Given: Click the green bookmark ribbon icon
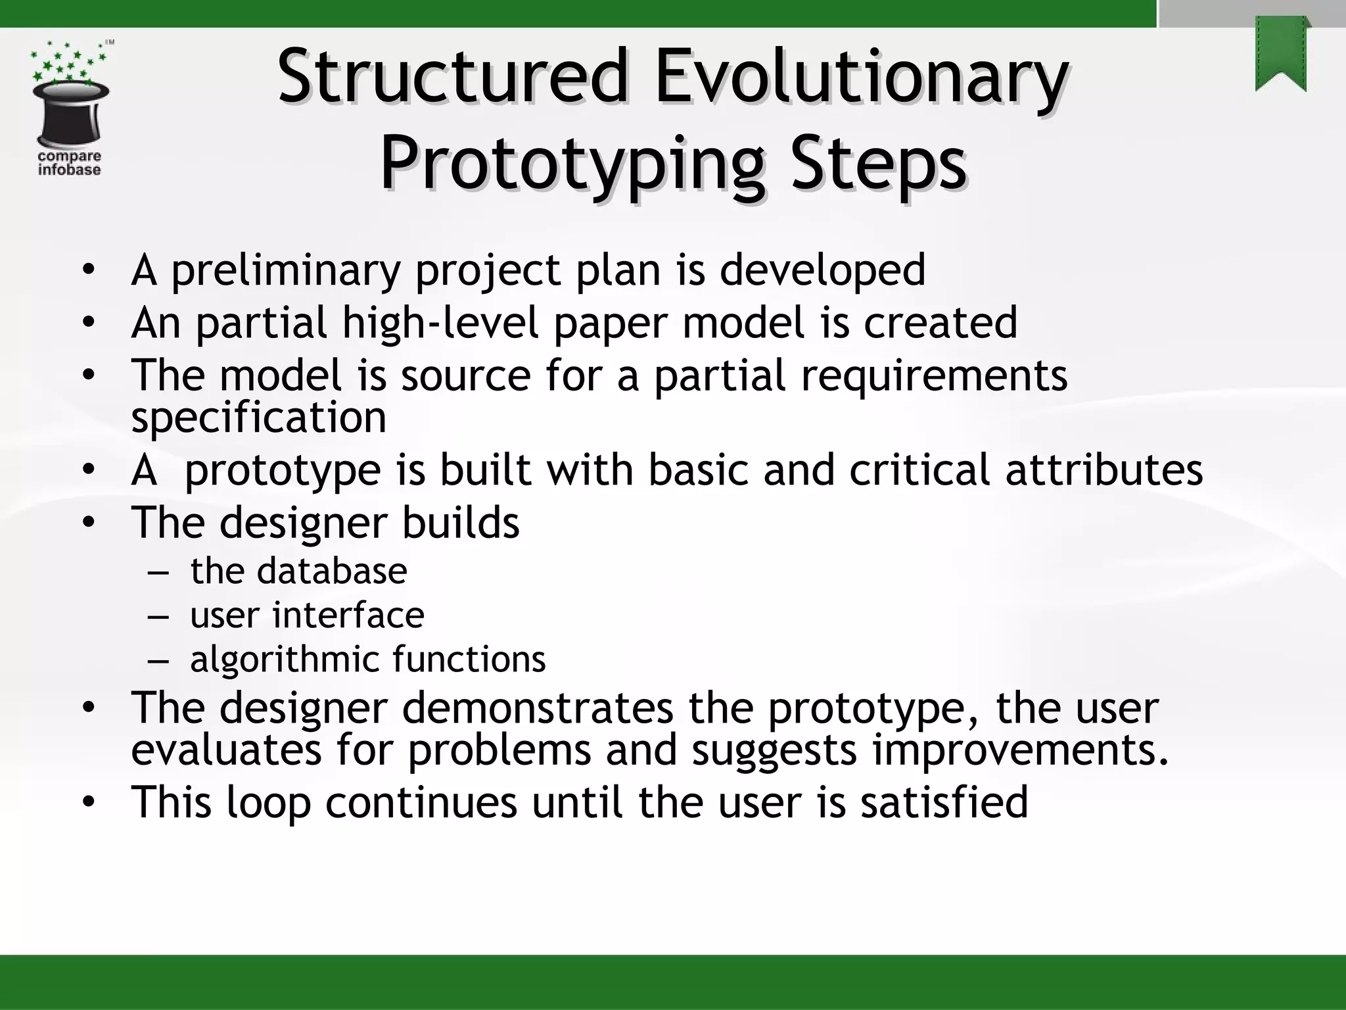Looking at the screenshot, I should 1281,55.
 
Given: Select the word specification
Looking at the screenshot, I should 258,418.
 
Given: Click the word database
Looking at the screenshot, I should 331,571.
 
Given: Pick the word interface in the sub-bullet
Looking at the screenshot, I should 348,615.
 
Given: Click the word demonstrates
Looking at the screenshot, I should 538,708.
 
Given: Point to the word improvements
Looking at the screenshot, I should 1021,750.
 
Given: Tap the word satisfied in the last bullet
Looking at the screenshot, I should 944,802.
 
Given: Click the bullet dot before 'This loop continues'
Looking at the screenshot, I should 89,804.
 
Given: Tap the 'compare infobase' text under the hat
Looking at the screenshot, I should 69,163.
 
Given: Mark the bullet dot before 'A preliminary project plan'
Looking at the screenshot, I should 89,272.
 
